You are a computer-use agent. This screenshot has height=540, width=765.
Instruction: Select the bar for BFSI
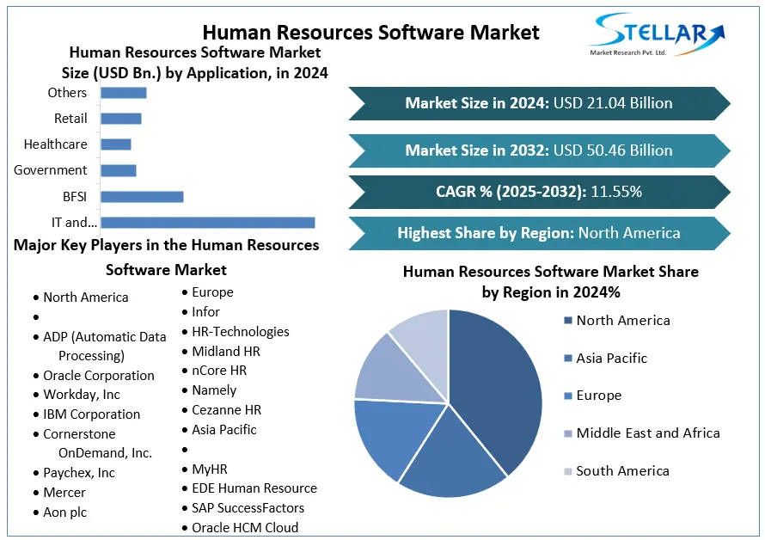pyautogui.click(x=142, y=196)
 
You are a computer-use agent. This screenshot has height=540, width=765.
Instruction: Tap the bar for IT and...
pyautogui.click(x=207, y=223)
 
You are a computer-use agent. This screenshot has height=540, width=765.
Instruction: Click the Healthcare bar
pyautogui.click(x=116, y=144)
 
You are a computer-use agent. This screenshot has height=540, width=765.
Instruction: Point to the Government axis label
pyautogui.click(x=50, y=170)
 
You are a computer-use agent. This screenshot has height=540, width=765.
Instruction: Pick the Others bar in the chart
pyautogui.click(x=124, y=93)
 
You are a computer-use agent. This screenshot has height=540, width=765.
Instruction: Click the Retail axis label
pyautogui.click(x=70, y=119)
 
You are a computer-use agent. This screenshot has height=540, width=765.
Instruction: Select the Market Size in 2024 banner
pyautogui.click(x=539, y=103)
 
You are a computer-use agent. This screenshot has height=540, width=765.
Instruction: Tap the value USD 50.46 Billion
pyautogui.click(x=613, y=150)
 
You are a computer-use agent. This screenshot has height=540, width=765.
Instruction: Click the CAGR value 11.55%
pyautogui.click(x=615, y=192)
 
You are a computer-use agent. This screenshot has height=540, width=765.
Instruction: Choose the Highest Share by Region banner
pyautogui.click(x=539, y=233)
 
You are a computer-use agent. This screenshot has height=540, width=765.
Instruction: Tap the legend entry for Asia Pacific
pyautogui.click(x=611, y=359)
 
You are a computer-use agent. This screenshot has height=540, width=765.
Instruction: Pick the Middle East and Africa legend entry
pyautogui.click(x=647, y=433)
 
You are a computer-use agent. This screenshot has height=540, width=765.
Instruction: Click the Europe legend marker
pyautogui.click(x=567, y=396)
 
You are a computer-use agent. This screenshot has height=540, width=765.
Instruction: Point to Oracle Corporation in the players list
pyautogui.click(x=99, y=376)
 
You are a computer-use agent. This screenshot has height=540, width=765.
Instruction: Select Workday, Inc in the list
pyautogui.click(x=82, y=395)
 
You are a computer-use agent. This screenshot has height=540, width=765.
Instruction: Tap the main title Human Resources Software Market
pyautogui.click(x=371, y=32)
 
